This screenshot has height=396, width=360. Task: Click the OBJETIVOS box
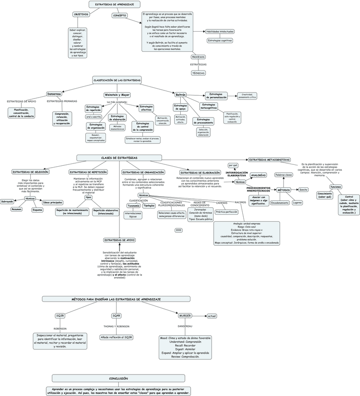coord(81,14)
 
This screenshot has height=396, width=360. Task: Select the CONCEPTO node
coord(119,15)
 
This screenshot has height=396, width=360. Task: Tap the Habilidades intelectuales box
coord(220,32)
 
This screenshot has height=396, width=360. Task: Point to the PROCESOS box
coord(198,57)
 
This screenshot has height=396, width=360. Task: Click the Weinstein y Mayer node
coord(117,95)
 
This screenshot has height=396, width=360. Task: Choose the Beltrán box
coord(180,94)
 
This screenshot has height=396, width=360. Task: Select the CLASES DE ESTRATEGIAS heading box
coord(120,158)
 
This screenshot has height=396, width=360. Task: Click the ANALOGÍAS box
coord(258,175)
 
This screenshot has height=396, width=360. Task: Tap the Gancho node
coord(303,190)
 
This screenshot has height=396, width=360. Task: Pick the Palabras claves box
coord(283,175)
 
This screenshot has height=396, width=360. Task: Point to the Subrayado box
coord(7,202)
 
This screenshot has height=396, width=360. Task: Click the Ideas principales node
coord(53,202)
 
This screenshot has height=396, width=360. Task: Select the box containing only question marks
coord(178,230)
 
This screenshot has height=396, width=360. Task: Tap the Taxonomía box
coord(134,205)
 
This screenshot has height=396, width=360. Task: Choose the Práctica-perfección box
coord(227,212)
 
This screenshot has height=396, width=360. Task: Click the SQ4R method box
coord(116,316)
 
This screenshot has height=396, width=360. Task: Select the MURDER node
coord(185,316)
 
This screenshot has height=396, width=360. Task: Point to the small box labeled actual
coord(212,316)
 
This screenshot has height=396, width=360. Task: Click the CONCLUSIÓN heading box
coord(118,378)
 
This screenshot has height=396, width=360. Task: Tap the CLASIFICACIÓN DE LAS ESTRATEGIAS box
coord(117,80)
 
